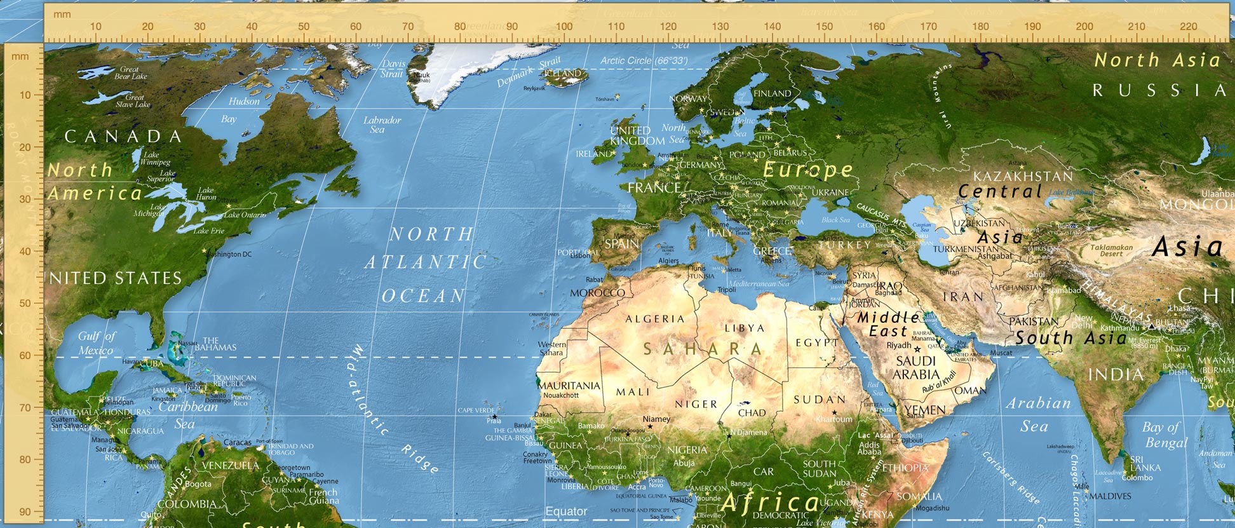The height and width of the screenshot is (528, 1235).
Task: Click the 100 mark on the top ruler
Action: tap(564, 27)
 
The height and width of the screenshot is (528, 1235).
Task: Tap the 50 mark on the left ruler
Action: tap(25, 303)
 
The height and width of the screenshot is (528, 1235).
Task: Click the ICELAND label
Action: tap(563, 74)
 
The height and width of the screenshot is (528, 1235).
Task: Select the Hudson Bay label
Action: tap(237, 110)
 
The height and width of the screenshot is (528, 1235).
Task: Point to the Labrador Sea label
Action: tap(381, 125)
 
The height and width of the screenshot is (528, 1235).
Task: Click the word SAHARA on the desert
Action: tap(703, 349)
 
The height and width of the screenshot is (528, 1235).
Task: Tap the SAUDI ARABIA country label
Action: tap(915, 368)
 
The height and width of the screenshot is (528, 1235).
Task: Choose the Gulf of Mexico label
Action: tap(97, 343)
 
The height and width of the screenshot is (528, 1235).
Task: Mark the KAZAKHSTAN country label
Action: tap(1023, 176)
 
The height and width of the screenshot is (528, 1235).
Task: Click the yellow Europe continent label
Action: tap(808, 170)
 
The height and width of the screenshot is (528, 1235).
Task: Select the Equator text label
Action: tap(566, 511)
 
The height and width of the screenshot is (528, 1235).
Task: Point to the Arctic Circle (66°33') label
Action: tap(644, 61)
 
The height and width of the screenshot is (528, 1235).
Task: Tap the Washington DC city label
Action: tap(230, 254)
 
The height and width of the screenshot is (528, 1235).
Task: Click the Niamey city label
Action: tap(656, 419)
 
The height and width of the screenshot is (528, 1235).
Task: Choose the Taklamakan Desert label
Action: tap(1111, 250)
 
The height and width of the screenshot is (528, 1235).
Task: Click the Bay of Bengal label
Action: tap(1164, 435)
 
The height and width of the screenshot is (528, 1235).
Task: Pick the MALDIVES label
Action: tap(1110, 496)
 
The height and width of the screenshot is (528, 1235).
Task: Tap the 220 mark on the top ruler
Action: tap(1189, 27)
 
